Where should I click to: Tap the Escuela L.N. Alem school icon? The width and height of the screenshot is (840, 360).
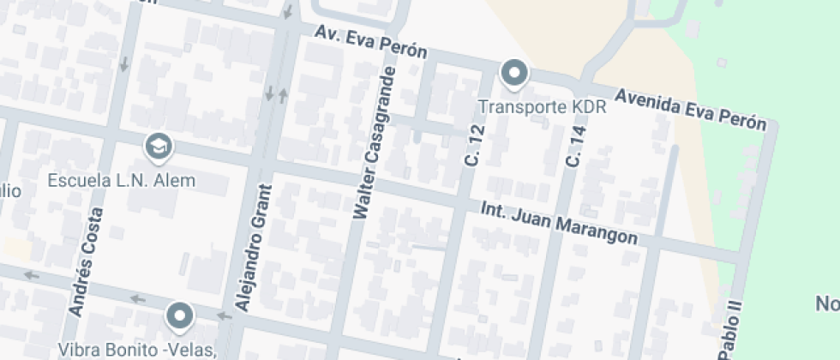[158, 147]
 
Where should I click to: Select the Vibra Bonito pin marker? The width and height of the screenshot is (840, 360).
[179, 315]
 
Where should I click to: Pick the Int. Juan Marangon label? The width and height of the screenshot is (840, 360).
[559, 223]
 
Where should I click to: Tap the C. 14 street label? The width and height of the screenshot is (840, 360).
[573, 147]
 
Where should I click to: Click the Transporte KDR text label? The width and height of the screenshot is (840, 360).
[542, 108]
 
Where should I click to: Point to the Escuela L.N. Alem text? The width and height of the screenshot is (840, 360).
[122, 181]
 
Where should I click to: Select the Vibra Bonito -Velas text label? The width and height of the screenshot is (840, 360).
[136, 350]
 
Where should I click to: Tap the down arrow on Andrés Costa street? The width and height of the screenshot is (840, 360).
[125, 63]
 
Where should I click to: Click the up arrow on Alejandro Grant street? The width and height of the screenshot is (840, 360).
[283, 93]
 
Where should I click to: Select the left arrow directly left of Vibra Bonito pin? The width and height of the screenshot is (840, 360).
[136, 298]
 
